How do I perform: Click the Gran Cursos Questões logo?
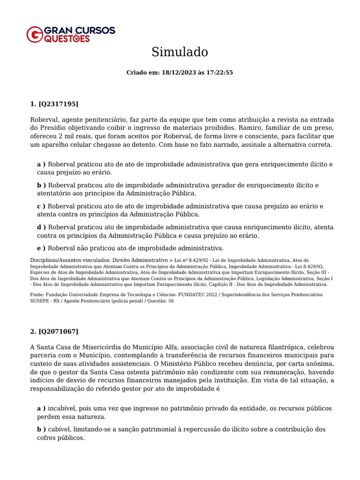70,34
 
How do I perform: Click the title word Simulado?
180,52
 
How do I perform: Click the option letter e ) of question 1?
41,248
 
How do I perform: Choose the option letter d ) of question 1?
41,227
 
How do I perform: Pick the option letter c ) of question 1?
41,206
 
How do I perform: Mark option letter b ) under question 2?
41,429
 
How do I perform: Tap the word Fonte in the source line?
37,295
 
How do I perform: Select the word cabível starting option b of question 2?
59,429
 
